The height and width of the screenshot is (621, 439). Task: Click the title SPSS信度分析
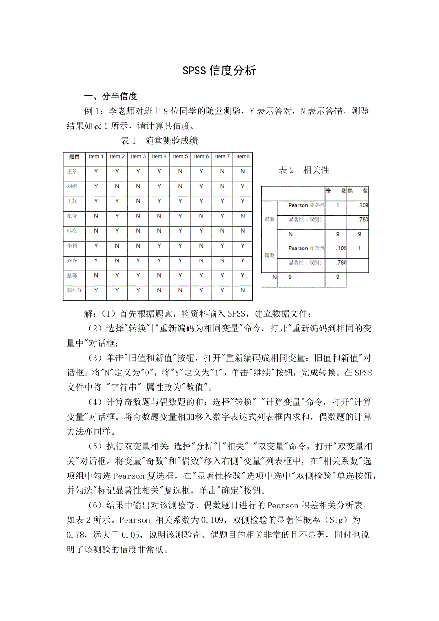pos(219,71)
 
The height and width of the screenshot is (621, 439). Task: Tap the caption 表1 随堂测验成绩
pos(160,141)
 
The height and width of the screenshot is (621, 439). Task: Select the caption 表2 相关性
pos(304,170)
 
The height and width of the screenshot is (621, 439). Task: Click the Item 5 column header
pos(180,156)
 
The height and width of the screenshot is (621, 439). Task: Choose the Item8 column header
pos(242,156)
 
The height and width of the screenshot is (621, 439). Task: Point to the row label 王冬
pos(72,171)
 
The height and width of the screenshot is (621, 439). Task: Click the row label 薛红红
pos(75,290)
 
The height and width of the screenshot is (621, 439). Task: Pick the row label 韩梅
pos(72,231)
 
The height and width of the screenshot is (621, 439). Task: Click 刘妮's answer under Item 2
pos(117,186)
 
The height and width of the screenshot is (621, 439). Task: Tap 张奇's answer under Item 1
pos(96,216)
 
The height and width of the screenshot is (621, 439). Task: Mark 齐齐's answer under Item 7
pos(222,260)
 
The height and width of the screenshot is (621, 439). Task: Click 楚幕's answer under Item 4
pos(159,275)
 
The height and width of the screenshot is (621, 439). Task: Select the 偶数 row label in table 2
pos(270,255)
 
